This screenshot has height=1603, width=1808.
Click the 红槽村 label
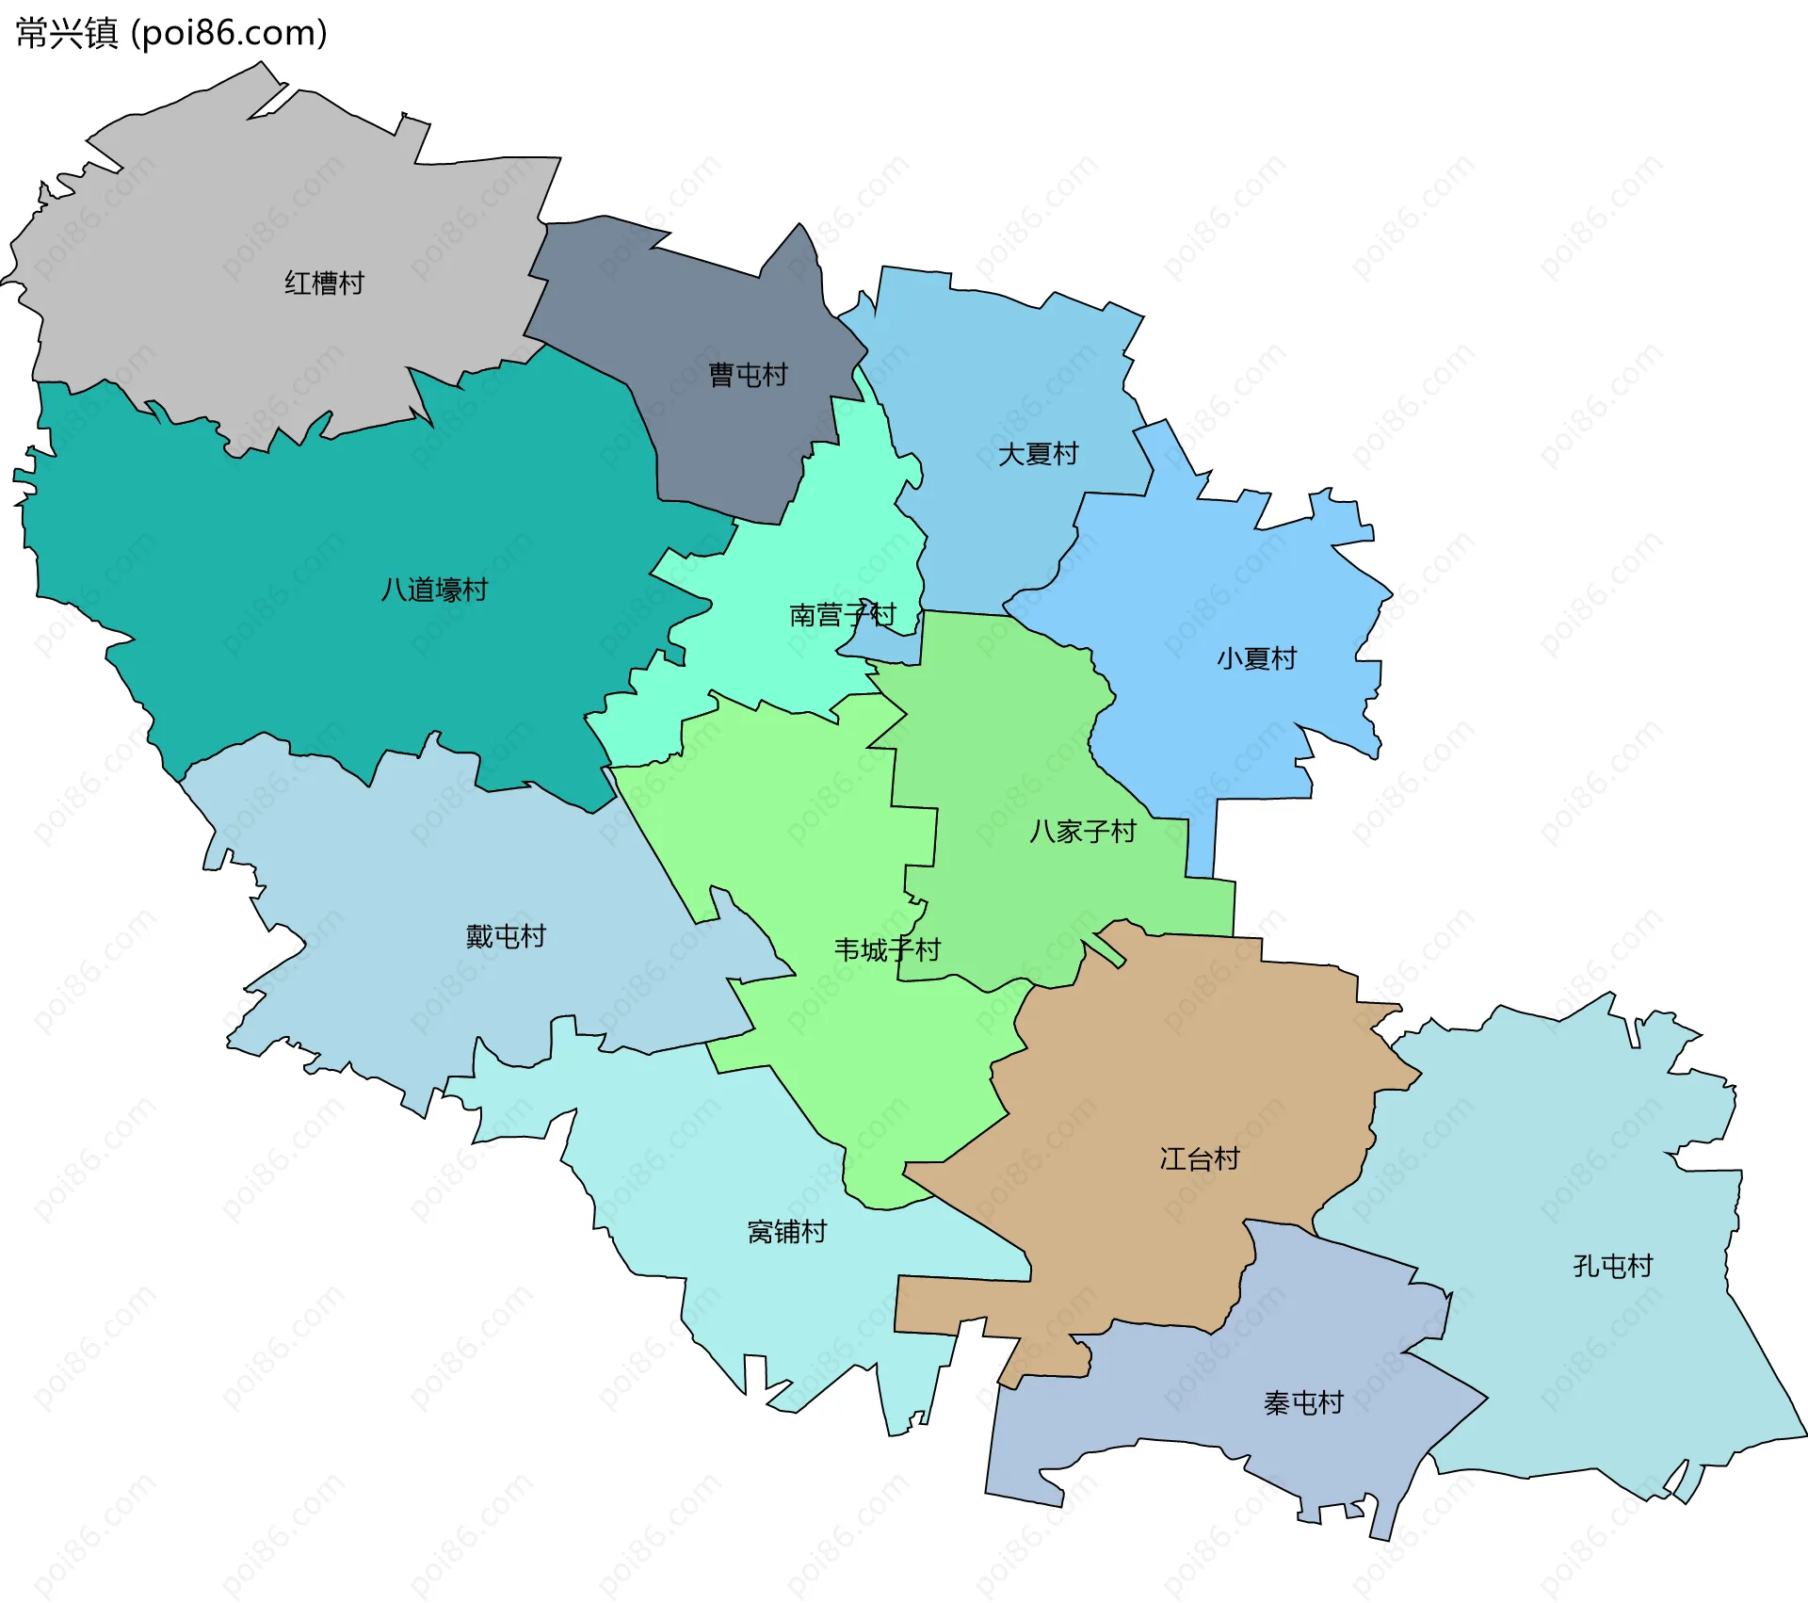tap(324, 283)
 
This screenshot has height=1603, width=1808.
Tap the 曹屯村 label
tap(748, 375)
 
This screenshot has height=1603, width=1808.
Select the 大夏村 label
tap(1038, 454)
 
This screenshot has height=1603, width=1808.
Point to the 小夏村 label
tap(1256, 658)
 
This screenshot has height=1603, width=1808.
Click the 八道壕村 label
tap(434, 590)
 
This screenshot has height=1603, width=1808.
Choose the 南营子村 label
tap(842, 615)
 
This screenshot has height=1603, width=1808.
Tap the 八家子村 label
tap(1083, 831)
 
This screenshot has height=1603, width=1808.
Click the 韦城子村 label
tap(887, 949)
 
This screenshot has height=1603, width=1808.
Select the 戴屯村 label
tap(506, 936)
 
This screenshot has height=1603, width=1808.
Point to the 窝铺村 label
tap(786, 1231)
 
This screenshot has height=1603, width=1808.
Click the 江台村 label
tap(1200, 1158)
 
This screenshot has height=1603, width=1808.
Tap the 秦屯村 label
tap(1303, 1403)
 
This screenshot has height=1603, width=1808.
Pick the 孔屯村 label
tap(1613, 1266)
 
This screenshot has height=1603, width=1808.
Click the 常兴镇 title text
tap(66, 33)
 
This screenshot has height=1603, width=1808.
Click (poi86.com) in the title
tap(229, 33)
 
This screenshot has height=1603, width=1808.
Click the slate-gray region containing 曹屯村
tap(716, 311)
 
